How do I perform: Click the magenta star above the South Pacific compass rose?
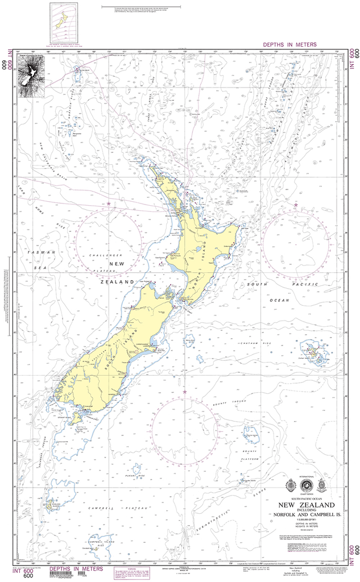click(x=296, y=205)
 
